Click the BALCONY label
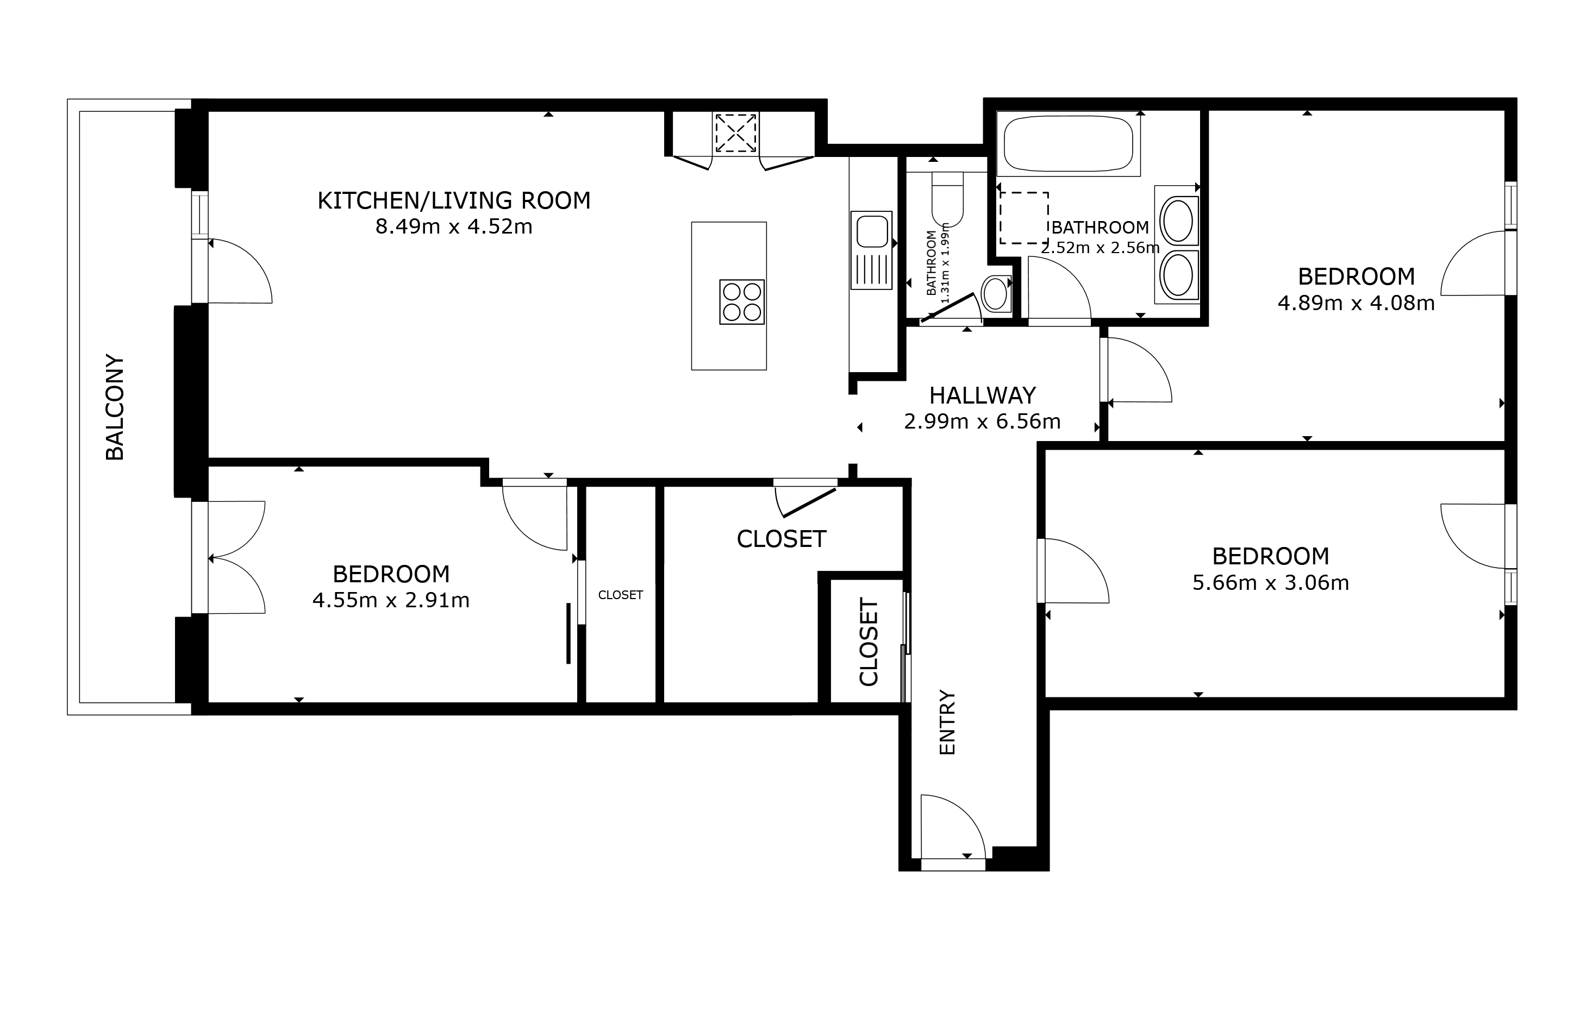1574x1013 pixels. click(x=115, y=407)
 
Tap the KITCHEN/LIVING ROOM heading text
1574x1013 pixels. click(x=454, y=200)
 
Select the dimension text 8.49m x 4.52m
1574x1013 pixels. click(x=454, y=227)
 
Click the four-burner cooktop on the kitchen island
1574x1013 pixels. click(x=742, y=302)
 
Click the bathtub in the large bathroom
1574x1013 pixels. click(x=1068, y=144)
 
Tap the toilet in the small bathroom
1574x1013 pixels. click(x=947, y=199)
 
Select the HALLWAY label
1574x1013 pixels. click(x=983, y=395)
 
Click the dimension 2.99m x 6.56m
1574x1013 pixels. click(x=983, y=421)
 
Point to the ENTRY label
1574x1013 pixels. click(x=946, y=722)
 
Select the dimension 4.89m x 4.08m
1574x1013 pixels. click(x=1356, y=303)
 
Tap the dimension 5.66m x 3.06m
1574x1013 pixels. click(x=1271, y=583)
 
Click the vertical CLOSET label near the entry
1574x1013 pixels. click(x=869, y=642)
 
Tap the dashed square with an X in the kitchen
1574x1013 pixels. click(x=736, y=134)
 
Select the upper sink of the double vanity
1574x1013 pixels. click(x=1177, y=222)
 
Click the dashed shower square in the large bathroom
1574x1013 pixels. click(x=1024, y=218)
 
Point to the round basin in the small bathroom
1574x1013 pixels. click(x=996, y=293)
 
